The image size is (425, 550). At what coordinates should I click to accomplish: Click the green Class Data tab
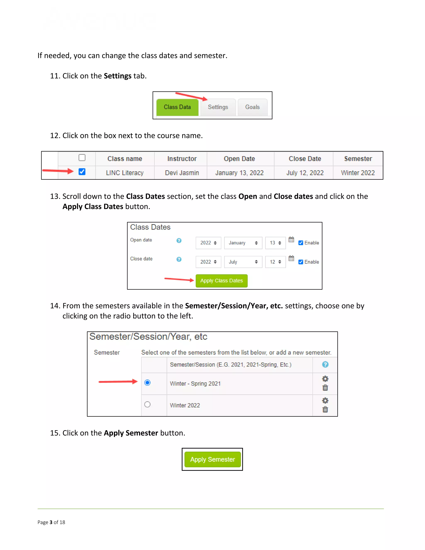tap(177, 107)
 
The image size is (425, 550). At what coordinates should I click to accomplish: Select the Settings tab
tap(218, 107)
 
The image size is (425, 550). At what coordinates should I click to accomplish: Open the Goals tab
tap(252, 107)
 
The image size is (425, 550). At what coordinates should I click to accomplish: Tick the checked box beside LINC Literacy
tap(82, 172)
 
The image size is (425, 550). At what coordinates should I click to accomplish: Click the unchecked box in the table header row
tap(82, 158)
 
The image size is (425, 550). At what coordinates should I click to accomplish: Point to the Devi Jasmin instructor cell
tap(182, 173)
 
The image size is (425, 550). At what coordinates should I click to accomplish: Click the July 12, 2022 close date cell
tap(305, 173)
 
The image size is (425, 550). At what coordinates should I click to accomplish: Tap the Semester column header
tap(358, 159)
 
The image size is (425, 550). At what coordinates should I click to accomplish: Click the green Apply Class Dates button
tap(221, 281)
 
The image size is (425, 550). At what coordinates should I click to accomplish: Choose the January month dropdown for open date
tap(243, 243)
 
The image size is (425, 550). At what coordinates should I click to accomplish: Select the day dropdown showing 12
tap(275, 262)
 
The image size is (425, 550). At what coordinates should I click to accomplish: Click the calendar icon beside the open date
tap(291, 240)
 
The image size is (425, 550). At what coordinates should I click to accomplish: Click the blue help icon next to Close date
tap(179, 259)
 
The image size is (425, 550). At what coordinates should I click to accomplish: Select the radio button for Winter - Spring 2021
tap(148, 383)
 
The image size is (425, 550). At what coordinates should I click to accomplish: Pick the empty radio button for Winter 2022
tap(148, 405)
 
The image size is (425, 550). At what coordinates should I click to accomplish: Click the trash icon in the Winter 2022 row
tap(325, 409)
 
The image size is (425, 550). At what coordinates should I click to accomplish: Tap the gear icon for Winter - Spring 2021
tap(325, 379)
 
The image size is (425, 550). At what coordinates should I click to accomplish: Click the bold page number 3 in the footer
tap(51, 522)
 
